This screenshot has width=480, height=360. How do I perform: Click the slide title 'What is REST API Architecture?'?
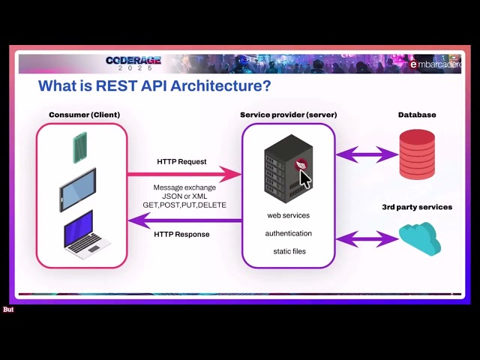[x=154, y=85]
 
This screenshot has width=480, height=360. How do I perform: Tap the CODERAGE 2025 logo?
[x=133, y=64]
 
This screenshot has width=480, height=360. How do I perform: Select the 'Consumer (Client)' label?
[x=84, y=115]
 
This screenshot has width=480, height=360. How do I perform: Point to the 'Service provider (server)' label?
[x=288, y=115]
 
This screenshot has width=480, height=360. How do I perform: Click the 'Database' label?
[x=417, y=115]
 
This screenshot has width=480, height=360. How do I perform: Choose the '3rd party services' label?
[x=417, y=207]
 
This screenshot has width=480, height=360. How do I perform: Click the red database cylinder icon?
[x=417, y=154]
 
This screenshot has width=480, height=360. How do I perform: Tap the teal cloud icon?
[x=418, y=238]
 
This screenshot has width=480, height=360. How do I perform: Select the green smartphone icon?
[x=79, y=147]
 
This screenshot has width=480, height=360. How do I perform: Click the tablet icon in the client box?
[x=78, y=189]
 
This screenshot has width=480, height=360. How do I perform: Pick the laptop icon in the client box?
[x=85, y=235]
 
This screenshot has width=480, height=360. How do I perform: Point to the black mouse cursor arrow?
[x=305, y=179]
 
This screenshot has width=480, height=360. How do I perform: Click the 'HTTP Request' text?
[x=181, y=161]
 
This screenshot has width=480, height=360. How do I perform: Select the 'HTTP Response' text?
[x=181, y=234]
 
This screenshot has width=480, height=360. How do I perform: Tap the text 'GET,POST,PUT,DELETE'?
[x=184, y=205]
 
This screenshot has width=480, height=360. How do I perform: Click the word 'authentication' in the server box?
[x=288, y=233]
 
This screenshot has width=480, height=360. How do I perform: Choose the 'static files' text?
[x=288, y=251]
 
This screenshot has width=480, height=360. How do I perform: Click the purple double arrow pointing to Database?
[x=367, y=155]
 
